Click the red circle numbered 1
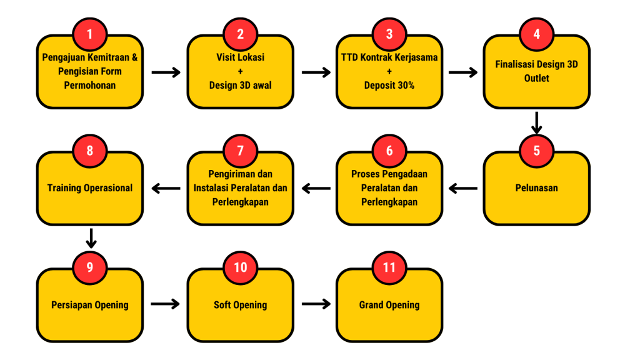point(90,34)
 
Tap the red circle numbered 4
point(536,34)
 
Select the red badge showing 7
point(241,151)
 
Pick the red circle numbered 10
point(241,267)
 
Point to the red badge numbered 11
point(389,267)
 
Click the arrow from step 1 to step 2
point(166,72)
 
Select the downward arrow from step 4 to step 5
point(536,122)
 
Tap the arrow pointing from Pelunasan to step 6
point(463,188)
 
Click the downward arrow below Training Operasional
point(91,238)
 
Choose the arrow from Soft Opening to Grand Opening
point(316,304)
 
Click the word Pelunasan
point(536,188)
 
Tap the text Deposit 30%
point(389,85)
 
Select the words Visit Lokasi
point(241,57)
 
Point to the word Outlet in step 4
point(536,78)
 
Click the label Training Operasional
point(90,188)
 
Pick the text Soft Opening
point(241,305)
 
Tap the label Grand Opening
point(389,305)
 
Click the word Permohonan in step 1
point(90,85)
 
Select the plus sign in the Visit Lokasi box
point(241,71)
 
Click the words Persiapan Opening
point(90,305)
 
